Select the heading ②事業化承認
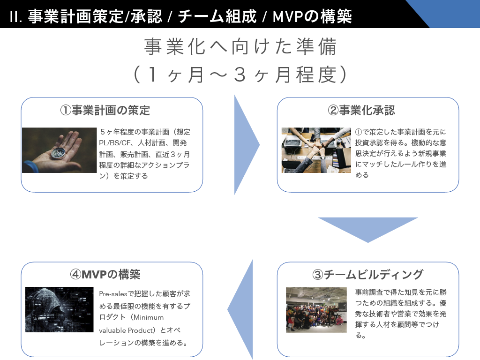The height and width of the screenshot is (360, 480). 367,110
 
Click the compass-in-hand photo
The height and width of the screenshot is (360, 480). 59,150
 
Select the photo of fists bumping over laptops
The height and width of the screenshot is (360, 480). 316,150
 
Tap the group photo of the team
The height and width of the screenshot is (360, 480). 316,310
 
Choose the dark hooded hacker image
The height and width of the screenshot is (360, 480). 59,309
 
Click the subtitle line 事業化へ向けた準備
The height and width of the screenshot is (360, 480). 240,48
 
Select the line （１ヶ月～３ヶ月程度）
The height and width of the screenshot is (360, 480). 240,75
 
